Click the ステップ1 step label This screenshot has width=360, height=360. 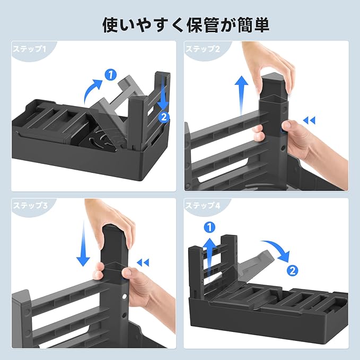coord(29,49)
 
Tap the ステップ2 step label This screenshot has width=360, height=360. coord(203,49)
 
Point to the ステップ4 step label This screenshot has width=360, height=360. coord(203,205)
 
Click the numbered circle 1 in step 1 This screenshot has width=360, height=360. coord(111,75)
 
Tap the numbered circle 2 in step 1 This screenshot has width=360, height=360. coord(164,117)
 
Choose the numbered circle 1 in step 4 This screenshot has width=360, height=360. coord(209,227)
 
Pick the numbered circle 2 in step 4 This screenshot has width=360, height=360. coord(293,270)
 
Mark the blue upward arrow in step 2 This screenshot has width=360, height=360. coord(241,94)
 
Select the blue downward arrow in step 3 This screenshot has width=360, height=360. coord(83,243)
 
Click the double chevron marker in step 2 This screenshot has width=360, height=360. coord(309,120)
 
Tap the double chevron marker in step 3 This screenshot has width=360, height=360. coord(143,262)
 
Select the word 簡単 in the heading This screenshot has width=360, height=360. coord(253,24)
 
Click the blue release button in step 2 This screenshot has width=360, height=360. coord(282,131)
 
